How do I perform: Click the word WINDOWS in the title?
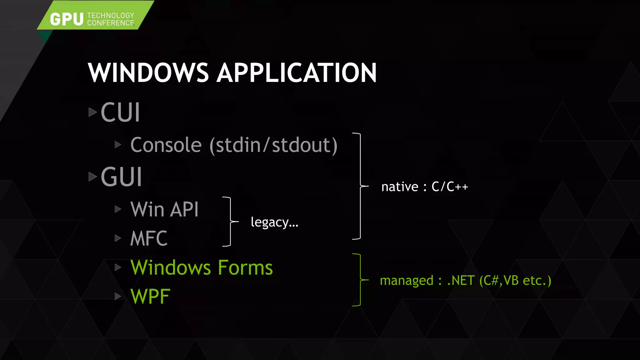[x=148, y=73]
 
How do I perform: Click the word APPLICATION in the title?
[x=297, y=73]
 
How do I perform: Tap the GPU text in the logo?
[x=67, y=19]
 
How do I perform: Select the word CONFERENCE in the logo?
[x=111, y=23]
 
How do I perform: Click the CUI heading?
[x=120, y=112]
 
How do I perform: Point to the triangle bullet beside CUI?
[x=92, y=112]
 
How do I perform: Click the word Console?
[x=166, y=145]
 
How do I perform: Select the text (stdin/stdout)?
[x=273, y=145]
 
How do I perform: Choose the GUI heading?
[x=122, y=177]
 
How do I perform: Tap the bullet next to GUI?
[x=92, y=177]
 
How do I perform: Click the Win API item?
[x=164, y=209]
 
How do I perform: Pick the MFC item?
[x=149, y=238]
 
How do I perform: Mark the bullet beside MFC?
[x=118, y=238]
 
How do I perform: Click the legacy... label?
[x=274, y=222]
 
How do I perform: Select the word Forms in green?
[x=245, y=267]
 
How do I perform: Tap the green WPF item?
[x=150, y=296]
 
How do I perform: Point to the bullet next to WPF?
[x=118, y=296]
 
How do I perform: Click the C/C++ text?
[x=450, y=187]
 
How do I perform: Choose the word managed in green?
[x=407, y=281]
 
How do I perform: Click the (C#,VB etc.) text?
[x=515, y=281]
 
